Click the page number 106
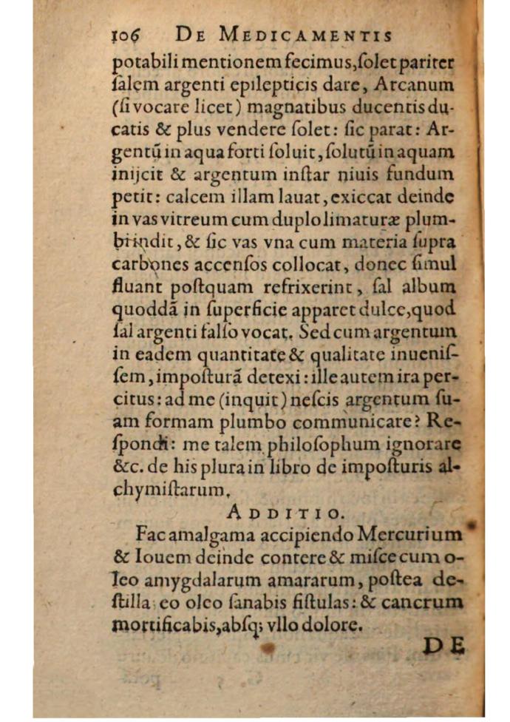tap(126, 34)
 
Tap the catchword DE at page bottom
tap(445, 646)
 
